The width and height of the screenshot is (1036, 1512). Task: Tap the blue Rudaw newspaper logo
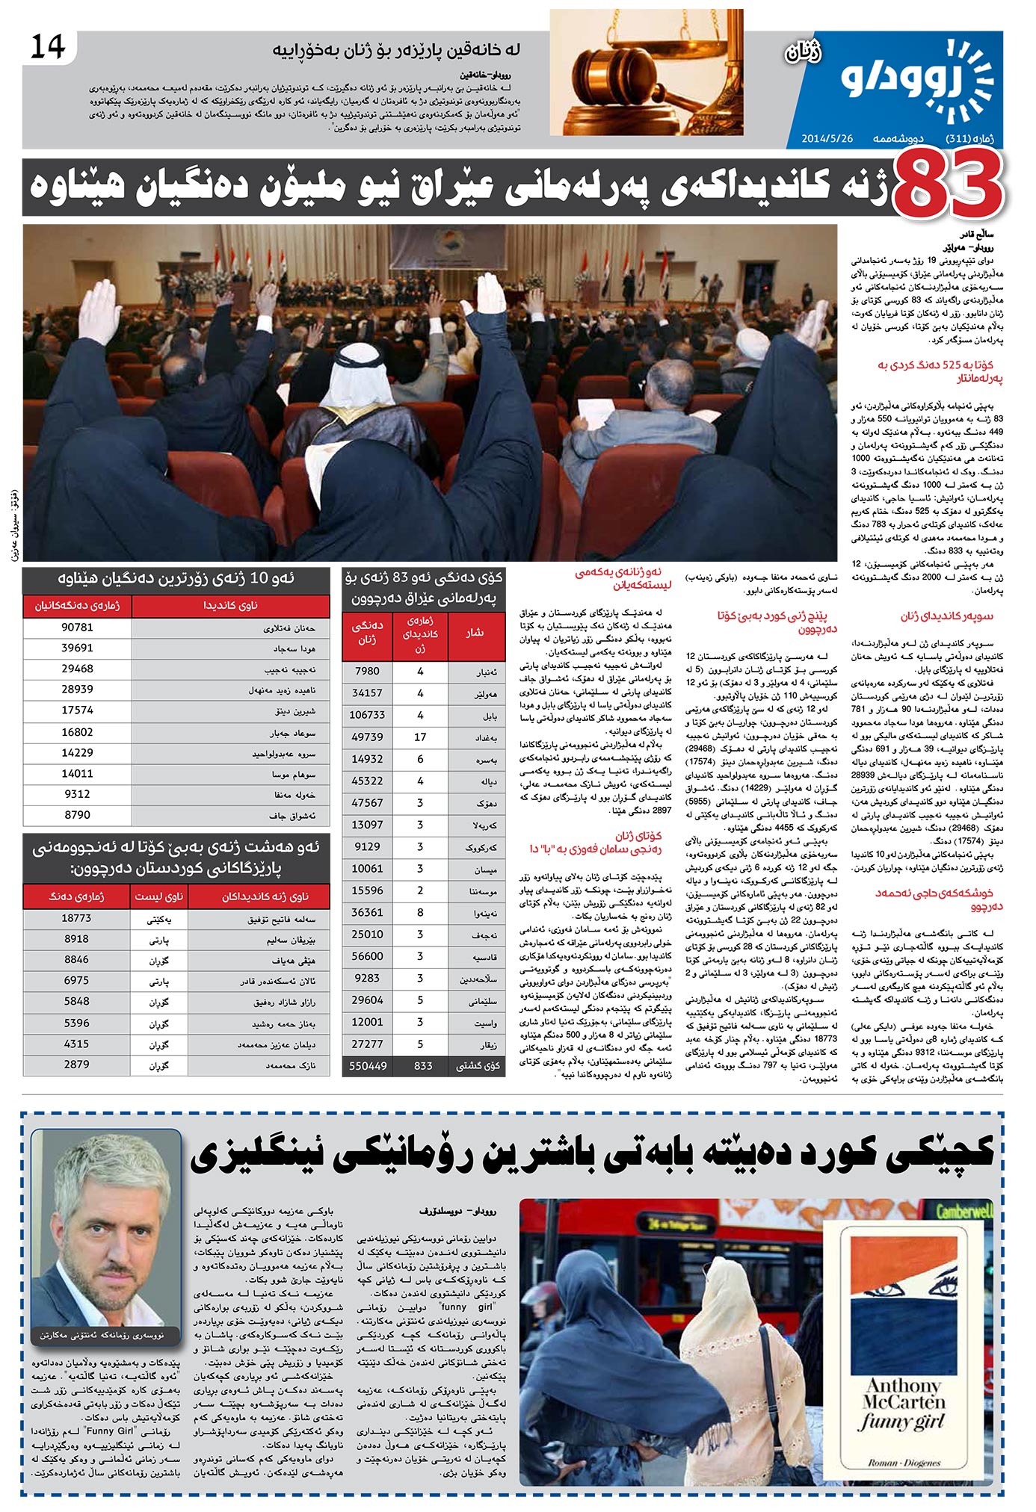[920, 81]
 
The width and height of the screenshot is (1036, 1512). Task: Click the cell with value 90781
[77, 627]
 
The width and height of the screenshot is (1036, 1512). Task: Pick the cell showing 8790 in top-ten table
[77, 814]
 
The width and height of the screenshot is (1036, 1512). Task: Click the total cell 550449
[367, 1065]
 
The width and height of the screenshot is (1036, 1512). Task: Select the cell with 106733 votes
[367, 714]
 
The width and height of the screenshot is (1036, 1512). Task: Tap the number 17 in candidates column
[420, 737]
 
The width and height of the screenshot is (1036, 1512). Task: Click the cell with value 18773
[77, 917]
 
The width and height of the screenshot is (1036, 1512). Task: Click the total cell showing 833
[422, 1065]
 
